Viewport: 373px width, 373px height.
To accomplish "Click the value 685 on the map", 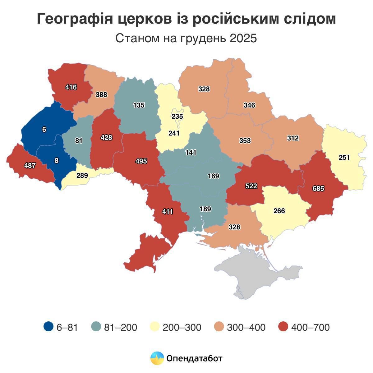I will (318, 188).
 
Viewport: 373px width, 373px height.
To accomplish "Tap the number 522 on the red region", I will (251, 186).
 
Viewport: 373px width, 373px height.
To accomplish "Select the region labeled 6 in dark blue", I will (44, 130).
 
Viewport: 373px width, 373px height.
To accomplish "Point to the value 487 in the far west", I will (30, 165).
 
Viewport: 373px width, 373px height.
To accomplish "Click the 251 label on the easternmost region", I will (344, 157).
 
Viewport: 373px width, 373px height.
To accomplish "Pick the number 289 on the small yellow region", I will (82, 175).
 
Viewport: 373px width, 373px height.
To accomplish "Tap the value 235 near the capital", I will (177, 117).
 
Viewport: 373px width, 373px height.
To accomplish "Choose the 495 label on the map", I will (141, 161).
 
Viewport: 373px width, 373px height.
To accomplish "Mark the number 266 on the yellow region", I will (279, 211).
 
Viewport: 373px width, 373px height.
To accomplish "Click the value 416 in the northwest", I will (71, 87).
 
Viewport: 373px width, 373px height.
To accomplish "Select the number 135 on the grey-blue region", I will (139, 105).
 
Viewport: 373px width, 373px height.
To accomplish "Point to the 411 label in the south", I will (168, 212).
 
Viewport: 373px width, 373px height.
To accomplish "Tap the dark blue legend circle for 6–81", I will (49, 327).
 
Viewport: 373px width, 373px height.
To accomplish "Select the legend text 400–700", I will (310, 327).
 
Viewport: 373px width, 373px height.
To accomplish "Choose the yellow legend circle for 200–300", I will (155, 327).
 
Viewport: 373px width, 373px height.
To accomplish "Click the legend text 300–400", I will (246, 327).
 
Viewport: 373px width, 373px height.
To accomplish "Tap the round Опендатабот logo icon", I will (157, 358).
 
